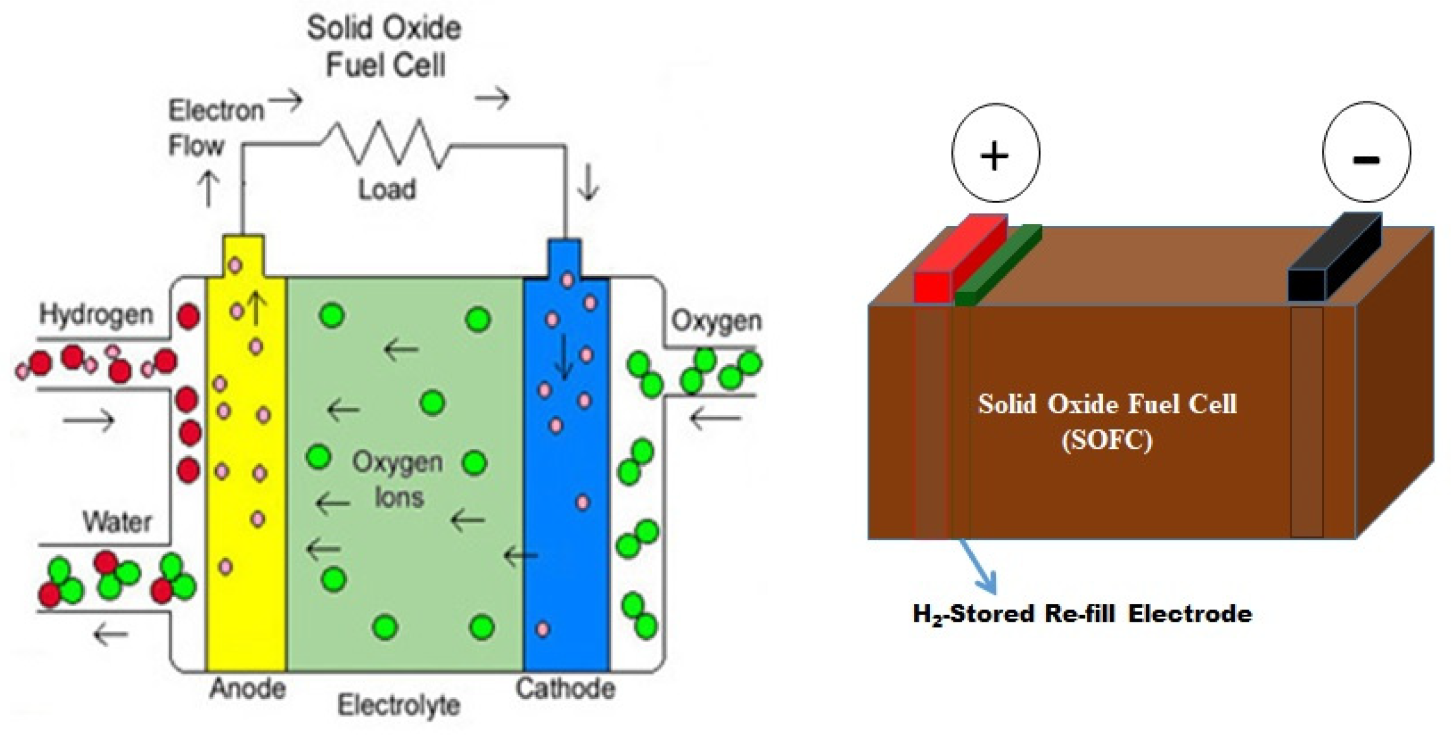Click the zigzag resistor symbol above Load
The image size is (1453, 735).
[x=386, y=143]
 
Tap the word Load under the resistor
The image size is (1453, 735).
[x=387, y=190]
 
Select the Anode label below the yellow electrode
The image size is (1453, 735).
[x=247, y=689]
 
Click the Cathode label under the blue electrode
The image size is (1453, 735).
[x=565, y=689]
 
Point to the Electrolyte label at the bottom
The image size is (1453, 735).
[x=398, y=705]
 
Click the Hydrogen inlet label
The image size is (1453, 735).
[x=96, y=314]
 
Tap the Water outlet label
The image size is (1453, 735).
[x=117, y=522]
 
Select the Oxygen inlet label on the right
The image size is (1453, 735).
[x=716, y=321]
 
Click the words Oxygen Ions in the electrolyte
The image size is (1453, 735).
[x=398, y=480]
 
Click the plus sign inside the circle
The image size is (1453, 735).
[x=995, y=156]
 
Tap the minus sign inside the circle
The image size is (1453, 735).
[x=1366, y=159]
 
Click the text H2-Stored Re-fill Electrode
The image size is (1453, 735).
[x=1082, y=615]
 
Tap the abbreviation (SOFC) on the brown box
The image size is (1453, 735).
[x=1107, y=440]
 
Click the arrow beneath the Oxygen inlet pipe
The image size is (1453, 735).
[x=715, y=418]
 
